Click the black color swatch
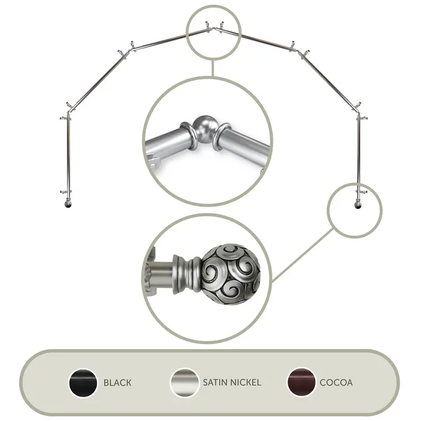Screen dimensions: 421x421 pyautogui.click(x=83, y=382)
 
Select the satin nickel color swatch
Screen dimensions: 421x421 pyautogui.click(x=185, y=382)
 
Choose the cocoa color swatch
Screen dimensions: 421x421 pyautogui.click(x=301, y=382)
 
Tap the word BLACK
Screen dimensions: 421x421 pyautogui.click(x=118, y=383)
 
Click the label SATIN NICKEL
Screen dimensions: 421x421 pyautogui.click(x=232, y=382)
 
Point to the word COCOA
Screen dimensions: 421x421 pyautogui.click(x=336, y=382)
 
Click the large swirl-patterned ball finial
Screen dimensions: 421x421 pyautogui.click(x=231, y=274)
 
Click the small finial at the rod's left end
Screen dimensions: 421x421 pyautogui.click(x=68, y=203)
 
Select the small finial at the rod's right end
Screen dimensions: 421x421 pyautogui.click(x=358, y=204)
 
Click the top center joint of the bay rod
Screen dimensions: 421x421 pyautogui.click(x=214, y=28)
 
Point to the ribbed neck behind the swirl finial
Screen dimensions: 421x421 pyautogui.click(x=188, y=273)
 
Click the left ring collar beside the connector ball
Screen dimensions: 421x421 pyautogui.click(x=189, y=135)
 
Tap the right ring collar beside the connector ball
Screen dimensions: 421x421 pyautogui.click(x=222, y=136)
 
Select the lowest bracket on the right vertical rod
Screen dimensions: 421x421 pyautogui.click(x=361, y=191)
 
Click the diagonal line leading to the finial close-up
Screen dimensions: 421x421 pyautogui.click(x=303, y=255)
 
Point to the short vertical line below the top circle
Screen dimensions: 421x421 pyautogui.click(x=213, y=68)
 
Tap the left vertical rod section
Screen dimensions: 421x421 pyautogui.click(x=68, y=155)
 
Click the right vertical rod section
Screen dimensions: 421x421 pyautogui.click(x=359, y=155)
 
